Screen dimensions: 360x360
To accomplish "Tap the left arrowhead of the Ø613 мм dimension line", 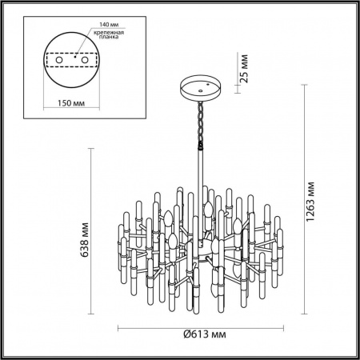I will (x=119, y=327).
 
